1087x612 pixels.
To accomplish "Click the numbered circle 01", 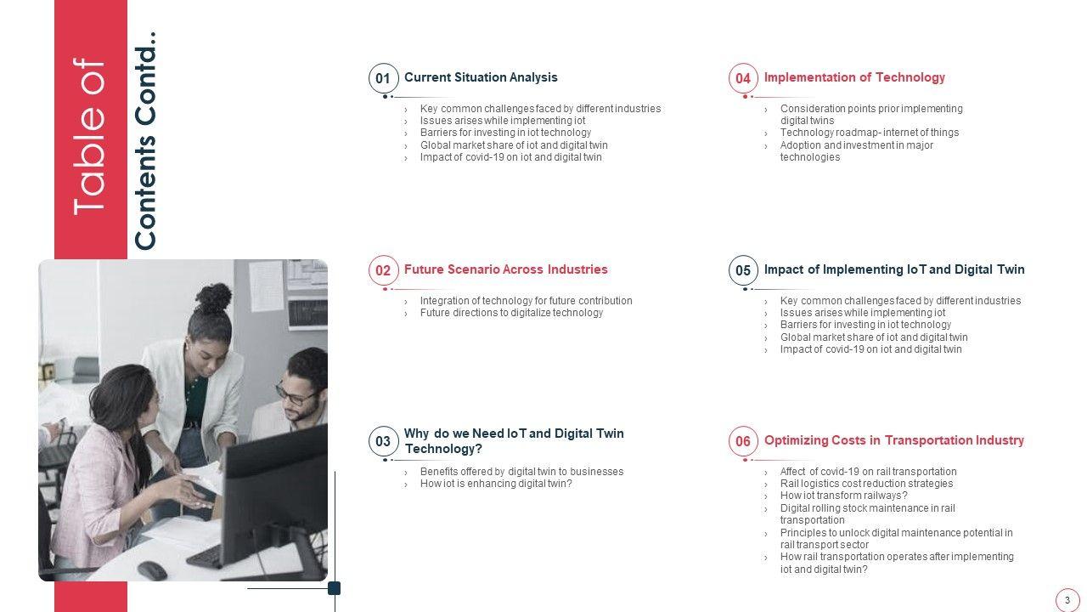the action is [x=383, y=78].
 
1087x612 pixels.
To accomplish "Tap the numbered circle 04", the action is [x=743, y=78].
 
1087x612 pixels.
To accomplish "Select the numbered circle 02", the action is [x=383, y=270].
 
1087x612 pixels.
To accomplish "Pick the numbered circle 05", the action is [x=743, y=270].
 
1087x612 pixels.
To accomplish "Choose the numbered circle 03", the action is [x=383, y=441].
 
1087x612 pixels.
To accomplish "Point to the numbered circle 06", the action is [x=743, y=441].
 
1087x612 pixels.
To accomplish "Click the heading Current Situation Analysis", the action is [x=481, y=77].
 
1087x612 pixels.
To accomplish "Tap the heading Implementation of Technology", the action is [x=854, y=77].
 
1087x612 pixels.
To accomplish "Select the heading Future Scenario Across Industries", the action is [x=505, y=269].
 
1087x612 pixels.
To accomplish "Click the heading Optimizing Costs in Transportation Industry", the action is [x=894, y=440].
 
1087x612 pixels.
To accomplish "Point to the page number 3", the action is [x=1067, y=600].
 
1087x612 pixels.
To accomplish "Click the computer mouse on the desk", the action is [x=152, y=570].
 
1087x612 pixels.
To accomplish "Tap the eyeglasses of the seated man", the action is [x=296, y=395].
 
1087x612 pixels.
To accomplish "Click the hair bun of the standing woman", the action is [x=213, y=297].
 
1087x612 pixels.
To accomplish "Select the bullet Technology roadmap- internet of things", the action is [x=869, y=133].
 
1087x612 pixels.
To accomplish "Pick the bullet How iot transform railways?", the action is [x=843, y=496].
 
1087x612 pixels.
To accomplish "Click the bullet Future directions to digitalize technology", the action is [x=511, y=313].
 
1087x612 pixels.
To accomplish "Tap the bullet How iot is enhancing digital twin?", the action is [x=496, y=484].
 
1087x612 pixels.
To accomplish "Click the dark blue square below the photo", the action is [x=335, y=588].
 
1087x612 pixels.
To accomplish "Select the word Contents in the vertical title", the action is [x=144, y=193].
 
